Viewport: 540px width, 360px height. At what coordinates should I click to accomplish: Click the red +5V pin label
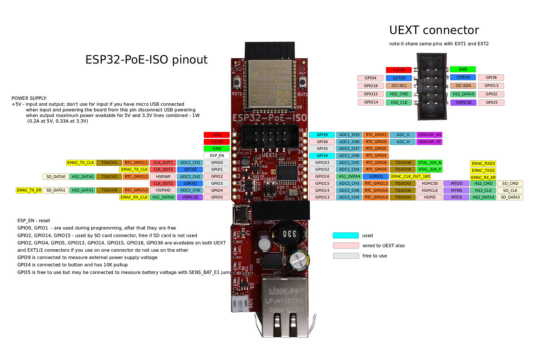[x=216, y=135]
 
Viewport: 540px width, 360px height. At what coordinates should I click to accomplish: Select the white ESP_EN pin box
[x=216, y=156]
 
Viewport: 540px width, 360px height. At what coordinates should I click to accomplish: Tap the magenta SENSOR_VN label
[x=429, y=135]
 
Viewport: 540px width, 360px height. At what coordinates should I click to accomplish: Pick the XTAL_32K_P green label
[x=429, y=169]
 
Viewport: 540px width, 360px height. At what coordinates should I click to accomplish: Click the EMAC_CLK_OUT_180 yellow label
[x=410, y=176]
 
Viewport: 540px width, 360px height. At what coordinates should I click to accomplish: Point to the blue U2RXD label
[x=376, y=176]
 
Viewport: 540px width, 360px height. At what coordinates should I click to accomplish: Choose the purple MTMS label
[x=456, y=191]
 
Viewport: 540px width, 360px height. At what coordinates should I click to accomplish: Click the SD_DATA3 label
[x=510, y=197]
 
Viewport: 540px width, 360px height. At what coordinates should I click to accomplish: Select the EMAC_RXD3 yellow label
[x=483, y=164]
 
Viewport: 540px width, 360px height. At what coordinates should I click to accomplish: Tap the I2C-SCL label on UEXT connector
[x=399, y=86]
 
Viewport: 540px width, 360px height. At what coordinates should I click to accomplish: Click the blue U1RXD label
[x=463, y=77]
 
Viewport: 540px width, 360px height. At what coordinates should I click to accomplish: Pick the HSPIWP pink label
[x=163, y=176]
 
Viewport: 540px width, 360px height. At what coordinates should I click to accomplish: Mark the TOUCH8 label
[x=403, y=163]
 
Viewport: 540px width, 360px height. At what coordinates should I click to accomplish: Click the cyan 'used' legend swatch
[x=346, y=236]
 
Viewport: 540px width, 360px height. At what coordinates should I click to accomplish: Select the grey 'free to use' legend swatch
[x=346, y=256]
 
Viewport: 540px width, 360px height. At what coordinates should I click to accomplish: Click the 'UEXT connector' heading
[x=434, y=30]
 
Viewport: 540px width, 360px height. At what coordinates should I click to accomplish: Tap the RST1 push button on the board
[x=237, y=83]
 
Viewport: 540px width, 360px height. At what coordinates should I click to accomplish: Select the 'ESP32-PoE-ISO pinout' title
[x=146, y=59]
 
